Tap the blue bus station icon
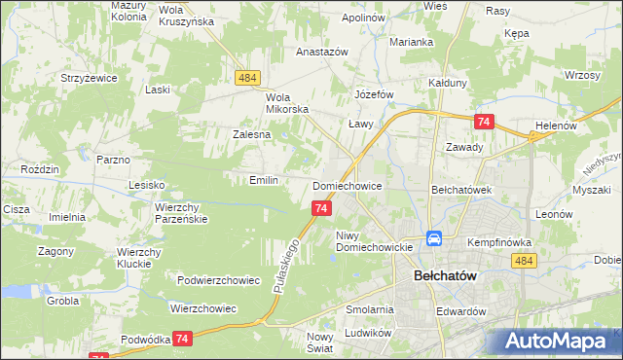[434, 238]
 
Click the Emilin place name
[264, 180]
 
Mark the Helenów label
[557, 126]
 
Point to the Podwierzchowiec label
[219, 280]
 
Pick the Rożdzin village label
[40, 169]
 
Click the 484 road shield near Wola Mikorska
[246, 77]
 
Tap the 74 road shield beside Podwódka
[182, 338]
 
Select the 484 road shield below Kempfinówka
[525, 260]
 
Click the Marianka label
[412, 42]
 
